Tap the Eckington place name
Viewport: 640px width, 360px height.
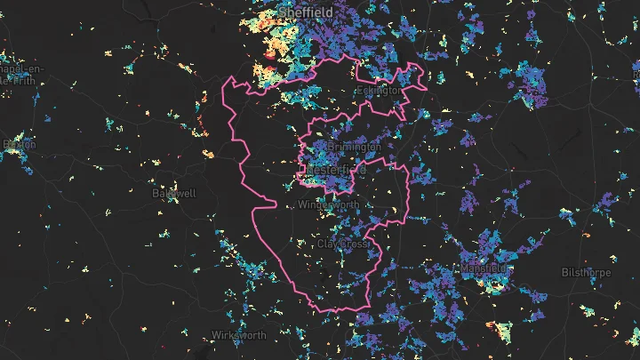pyautogui.click(x=380, y=91)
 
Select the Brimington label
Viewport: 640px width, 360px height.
pyautogui.click(x=354, y=146)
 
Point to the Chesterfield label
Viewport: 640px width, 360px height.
pyautogui.click(x=336, y=168)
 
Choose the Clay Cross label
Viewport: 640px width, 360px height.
pyautogui.click(x=342, y=243)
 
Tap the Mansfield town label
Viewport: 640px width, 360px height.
pyautogui.click(x=484, y=268)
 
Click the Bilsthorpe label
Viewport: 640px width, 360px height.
pyautogui.click(x=586, y=273)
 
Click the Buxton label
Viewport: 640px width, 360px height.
pyautogui.click(x=20, y=143)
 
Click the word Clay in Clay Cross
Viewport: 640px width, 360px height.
pyautogui.click(x=328, y=243)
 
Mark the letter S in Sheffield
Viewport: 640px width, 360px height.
pyautogui.click(x=283, y=12)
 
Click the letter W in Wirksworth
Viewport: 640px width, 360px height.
pyautogui.click(x=215, y=336)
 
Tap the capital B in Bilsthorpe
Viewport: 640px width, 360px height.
pyautogui.click(x=565, y=273)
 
